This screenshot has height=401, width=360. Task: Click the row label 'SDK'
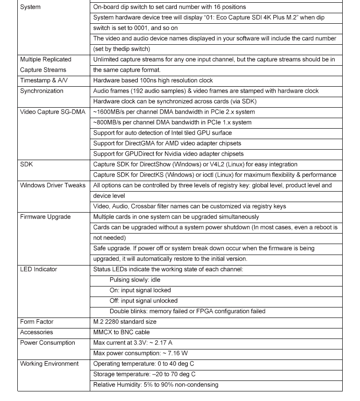pos(26,164)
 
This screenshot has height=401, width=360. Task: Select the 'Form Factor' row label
pos(36,322)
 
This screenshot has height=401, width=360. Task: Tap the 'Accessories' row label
pos(36,332)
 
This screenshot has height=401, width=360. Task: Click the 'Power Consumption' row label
pos(47,343)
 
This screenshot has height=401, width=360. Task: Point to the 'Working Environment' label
pos(49,364)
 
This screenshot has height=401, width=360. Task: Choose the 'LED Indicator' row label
pos(39,269)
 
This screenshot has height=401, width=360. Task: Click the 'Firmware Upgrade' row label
pos(45,217)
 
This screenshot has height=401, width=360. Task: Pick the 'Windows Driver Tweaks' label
pos(52,185)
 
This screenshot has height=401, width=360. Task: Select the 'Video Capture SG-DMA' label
pos(52,112)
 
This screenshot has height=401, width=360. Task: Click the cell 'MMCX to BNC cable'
pos(121,332)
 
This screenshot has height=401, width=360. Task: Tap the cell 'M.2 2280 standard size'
pos(124,322)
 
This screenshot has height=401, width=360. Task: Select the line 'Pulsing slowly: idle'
pos(135,280)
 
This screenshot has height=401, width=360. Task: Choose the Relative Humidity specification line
pos(155,385)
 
